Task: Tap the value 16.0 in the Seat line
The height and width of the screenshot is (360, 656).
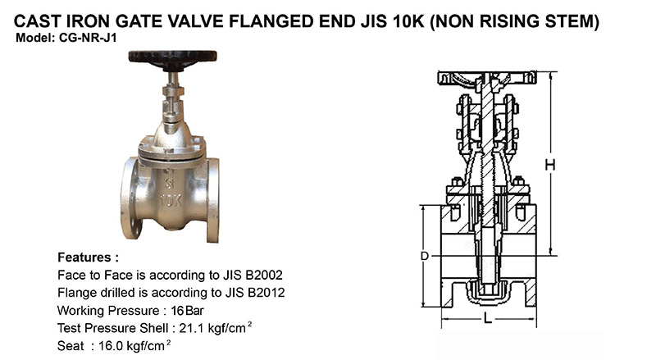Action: pyautogui.click(x=112, y=348)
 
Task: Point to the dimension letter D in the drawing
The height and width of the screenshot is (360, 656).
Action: pyautogui.click(x=425, y=257)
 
